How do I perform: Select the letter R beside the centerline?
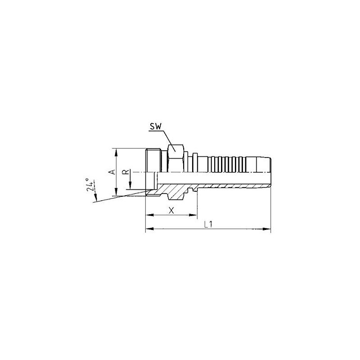tap(128, 171)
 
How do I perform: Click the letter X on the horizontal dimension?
tap(171, 210)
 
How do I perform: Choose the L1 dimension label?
tap(207, 225)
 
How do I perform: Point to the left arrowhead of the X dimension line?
tap(148, 215)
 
